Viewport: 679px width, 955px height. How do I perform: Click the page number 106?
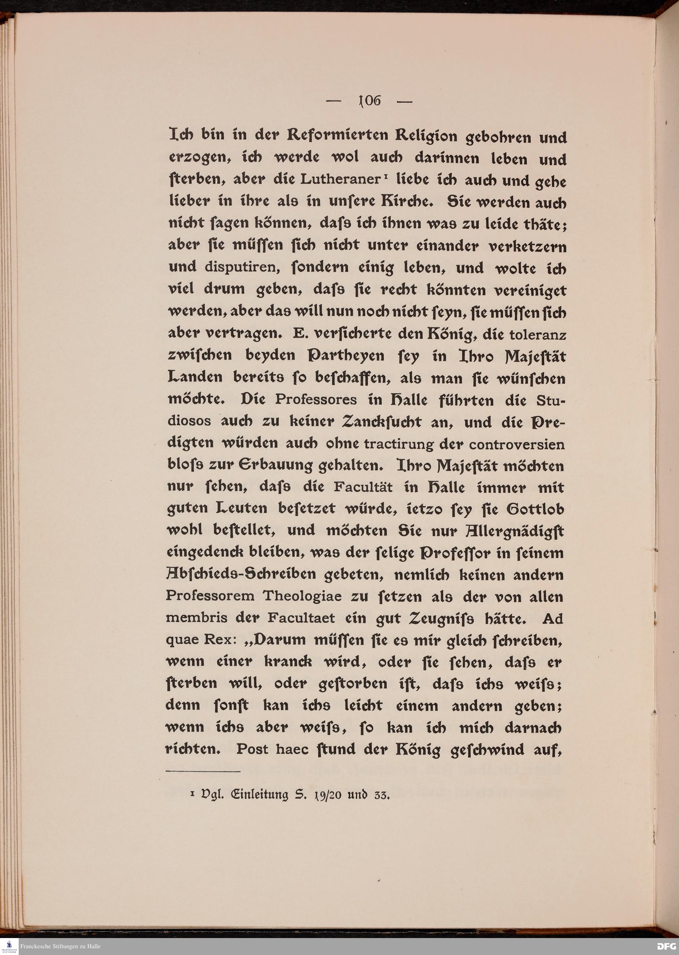point(370,101)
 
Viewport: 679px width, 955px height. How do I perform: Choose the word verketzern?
point(527,246)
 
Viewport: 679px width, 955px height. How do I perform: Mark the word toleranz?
point(538,334)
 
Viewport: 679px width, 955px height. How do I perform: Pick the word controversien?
point(516,444)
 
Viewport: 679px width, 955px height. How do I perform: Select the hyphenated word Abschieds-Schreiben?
point(241,574)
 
